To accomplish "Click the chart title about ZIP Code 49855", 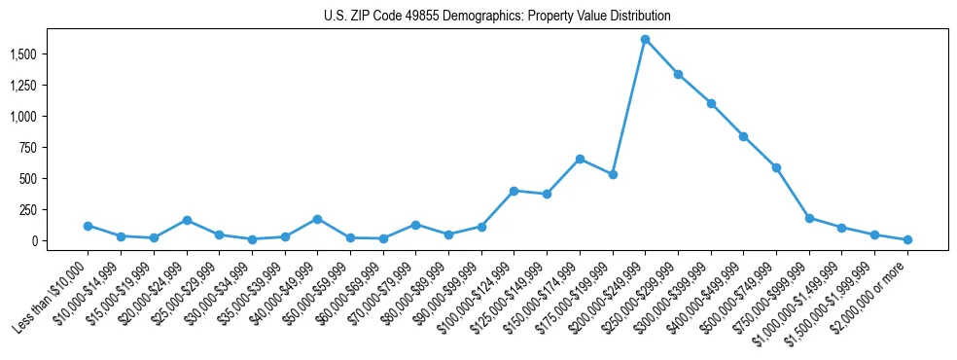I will pyautogui.click(x=497, y=17).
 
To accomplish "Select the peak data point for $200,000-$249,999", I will pyautogui.click(x=645, y=40).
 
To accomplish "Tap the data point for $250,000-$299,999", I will pyautogui.click(x=678, y=74).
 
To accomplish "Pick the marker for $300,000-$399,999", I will pyautogui.click(x=711, y=103).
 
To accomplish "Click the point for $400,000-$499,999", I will pyautogui.click(x=743, y=136).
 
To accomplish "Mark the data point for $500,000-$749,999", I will pyautogui.click(x=776, y=167).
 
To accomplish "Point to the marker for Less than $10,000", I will pyautogui.click(x=88, y=226).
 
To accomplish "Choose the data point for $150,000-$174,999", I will pyautogui.click(x=580, y=159).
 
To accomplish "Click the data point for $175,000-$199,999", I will pyautogui.click(x=613, y=175).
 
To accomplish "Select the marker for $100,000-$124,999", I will pyautogui.click(x=514, y=191).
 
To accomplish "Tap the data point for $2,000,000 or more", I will pyautogui.click(x=907, y=239).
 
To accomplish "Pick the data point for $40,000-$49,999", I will pyautogui.click(x=317, y=219).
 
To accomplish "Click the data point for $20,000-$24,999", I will pyautogui.click(x=186, y=221).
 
